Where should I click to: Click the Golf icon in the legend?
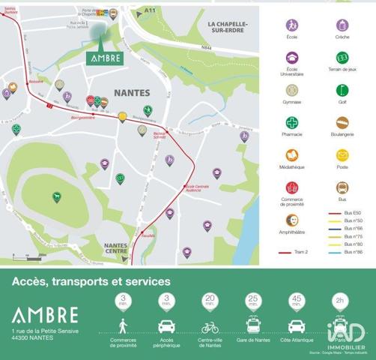342,91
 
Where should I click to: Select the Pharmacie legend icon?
292,123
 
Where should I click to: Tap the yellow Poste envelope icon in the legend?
342,155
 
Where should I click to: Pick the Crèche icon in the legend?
342,25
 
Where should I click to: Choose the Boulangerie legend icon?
342,123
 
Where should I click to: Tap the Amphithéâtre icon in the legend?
292,220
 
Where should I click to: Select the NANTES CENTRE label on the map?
115,248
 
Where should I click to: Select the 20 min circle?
210,301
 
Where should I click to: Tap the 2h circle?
340,301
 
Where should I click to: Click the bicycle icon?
210,328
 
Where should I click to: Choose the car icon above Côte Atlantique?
297,328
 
